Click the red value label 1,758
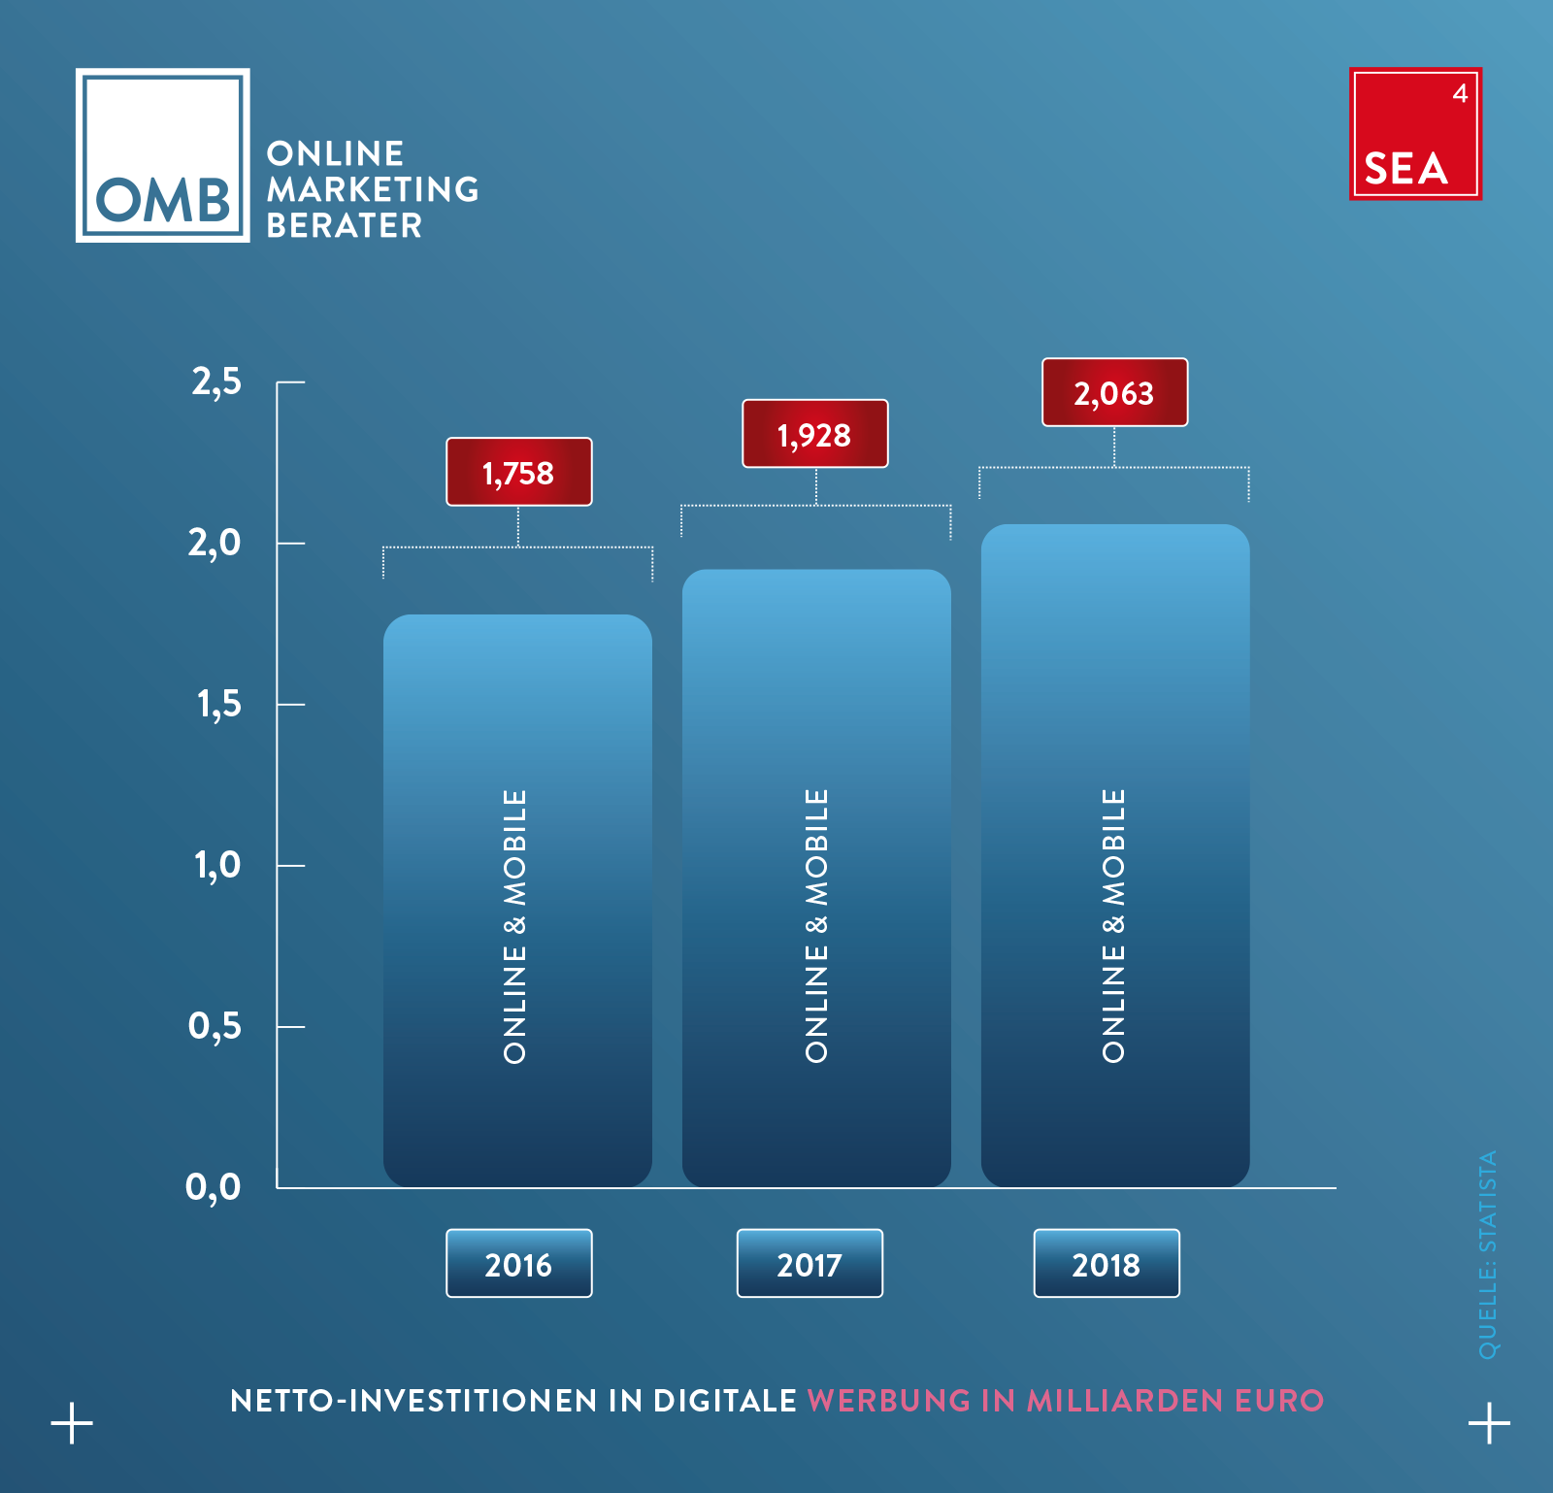point(519,472)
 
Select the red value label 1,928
point(815,434)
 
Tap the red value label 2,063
point(1114,392)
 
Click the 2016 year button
point(519,1263)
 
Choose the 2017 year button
point(810,1263)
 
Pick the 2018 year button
point(1107,1263)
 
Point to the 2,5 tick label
point(216,382)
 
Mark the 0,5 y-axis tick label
point(215,1026)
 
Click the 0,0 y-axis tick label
point(214,1186)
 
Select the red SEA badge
point(1415,134)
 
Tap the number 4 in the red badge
point(1460,93)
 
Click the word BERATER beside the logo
point(345,225)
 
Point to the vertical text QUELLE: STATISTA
point(1488,1254)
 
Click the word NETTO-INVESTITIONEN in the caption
point(414,1401)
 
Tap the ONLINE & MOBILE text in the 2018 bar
point(1113,926)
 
